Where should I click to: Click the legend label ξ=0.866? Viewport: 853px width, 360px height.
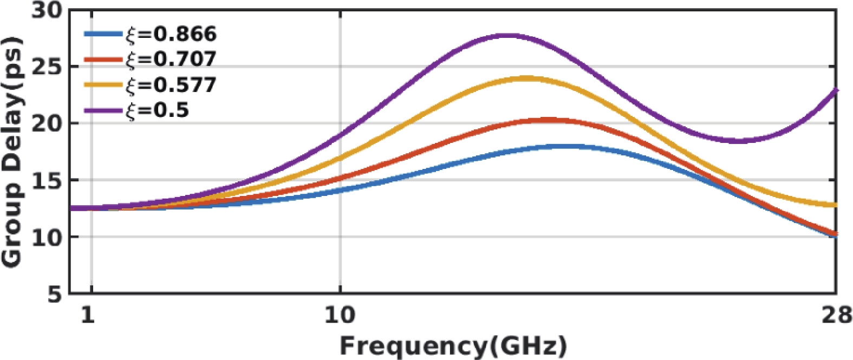click(171, 34)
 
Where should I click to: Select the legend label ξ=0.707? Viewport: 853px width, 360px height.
click(171, 59)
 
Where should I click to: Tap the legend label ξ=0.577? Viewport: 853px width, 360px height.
click(171, 84)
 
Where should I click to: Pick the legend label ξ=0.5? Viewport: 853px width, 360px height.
click(157, 110)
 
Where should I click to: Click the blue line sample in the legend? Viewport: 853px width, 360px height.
click(103, 34)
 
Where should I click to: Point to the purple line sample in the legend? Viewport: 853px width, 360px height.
click(103, 110)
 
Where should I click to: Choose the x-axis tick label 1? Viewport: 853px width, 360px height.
click(88, 315)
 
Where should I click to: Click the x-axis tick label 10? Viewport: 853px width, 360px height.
click(340, 315)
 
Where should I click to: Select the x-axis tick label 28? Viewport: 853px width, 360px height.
click(836, 315)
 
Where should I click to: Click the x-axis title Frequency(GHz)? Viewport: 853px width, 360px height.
click(453, 346)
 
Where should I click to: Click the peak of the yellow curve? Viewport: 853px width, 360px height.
click(526, 78)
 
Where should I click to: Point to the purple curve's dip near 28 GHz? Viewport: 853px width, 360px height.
click(740, 141)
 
